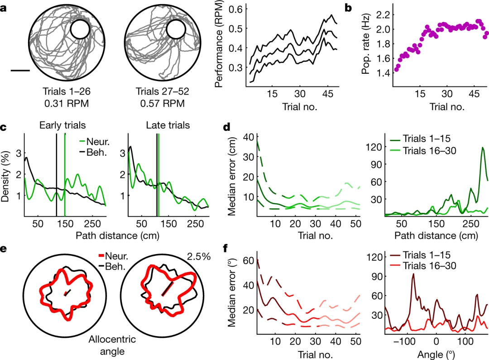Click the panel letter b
(348, 8)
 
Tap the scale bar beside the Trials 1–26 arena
(20, 71)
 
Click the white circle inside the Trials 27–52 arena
(176, 29)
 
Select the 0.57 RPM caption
(162, 103)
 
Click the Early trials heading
(62, 125)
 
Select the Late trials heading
(168, 125)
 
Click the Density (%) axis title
(5, 176)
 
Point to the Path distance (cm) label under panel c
(117, 235)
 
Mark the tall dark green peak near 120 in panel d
(483, 148)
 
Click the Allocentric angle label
(112, 345)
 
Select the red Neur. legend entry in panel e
(113, 256)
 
